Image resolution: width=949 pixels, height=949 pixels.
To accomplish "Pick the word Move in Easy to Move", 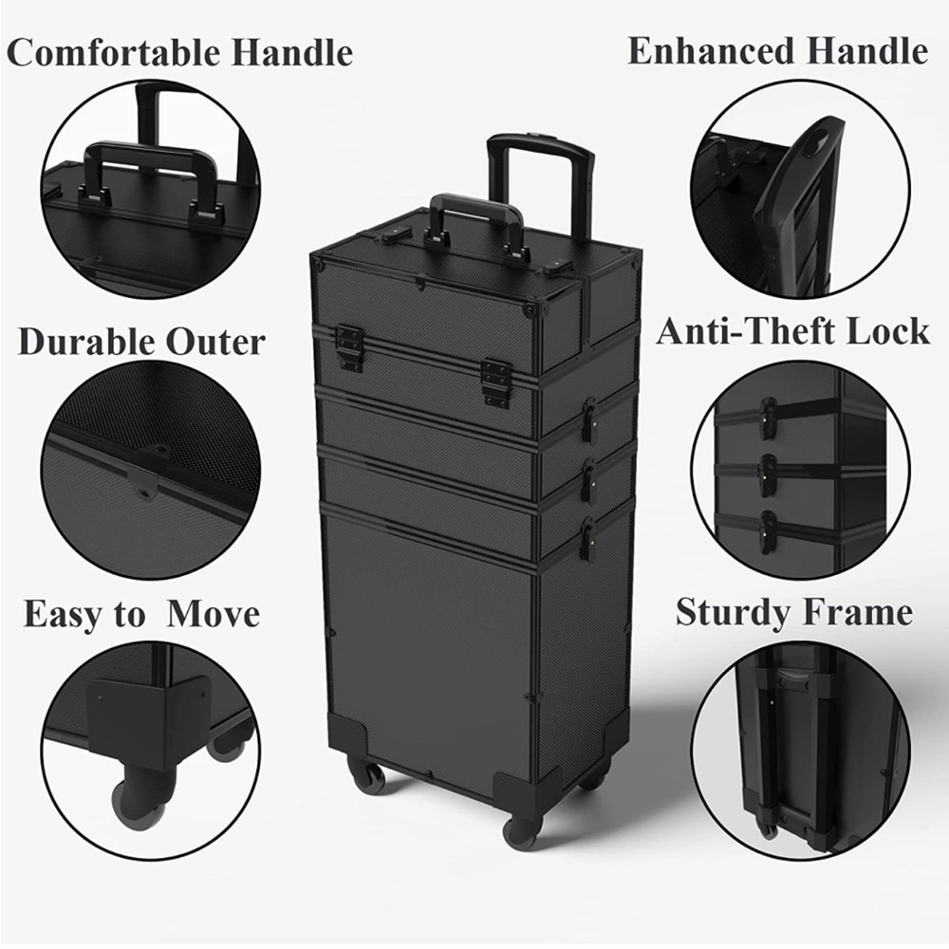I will point(213,614).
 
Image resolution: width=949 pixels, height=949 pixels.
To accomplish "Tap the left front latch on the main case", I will point(349,346).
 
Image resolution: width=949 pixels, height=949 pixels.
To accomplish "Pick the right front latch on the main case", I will point(495,381).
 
